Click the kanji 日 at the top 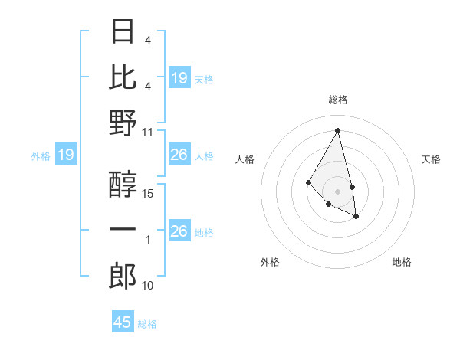(123, 31)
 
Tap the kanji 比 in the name (123, 77)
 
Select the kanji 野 (123, 123)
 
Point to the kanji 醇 (123, 185)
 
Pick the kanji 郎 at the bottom (123, 276)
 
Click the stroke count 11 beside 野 (149, 132)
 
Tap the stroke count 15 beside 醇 (149, 194)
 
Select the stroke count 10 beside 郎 (149, 286)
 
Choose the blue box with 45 (123, 322)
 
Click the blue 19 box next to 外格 (65, 155)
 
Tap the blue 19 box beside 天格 (179, 78)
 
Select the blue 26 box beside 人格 (179, 155)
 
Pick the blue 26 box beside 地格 (179, 231)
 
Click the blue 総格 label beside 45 (147, 324)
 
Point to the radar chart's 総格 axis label (338, 100)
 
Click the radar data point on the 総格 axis (338, 129)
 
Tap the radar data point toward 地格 (356, 217)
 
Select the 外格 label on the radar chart (270, 263)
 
